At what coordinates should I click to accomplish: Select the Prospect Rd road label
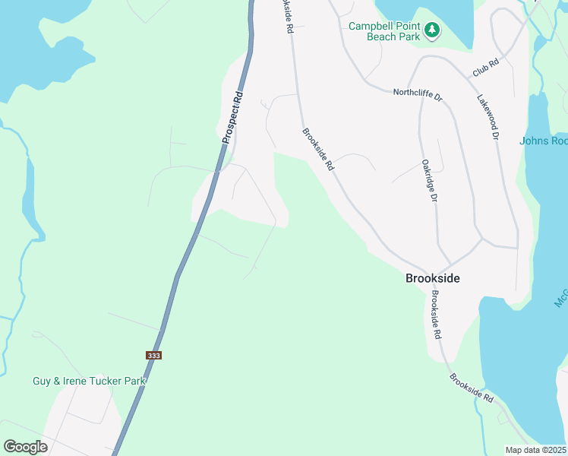[232, 118]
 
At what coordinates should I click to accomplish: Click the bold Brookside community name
[432, 278]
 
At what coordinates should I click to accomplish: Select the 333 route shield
[153, 355]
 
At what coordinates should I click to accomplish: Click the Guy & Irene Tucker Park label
[88, 381]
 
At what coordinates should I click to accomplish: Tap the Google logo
[26, 447]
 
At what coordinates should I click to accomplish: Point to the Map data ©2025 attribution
[535, 450]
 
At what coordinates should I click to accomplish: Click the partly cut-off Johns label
[544, 141]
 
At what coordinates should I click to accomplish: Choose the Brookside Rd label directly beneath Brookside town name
[435, 314]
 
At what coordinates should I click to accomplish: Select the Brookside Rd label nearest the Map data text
[471, 388]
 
